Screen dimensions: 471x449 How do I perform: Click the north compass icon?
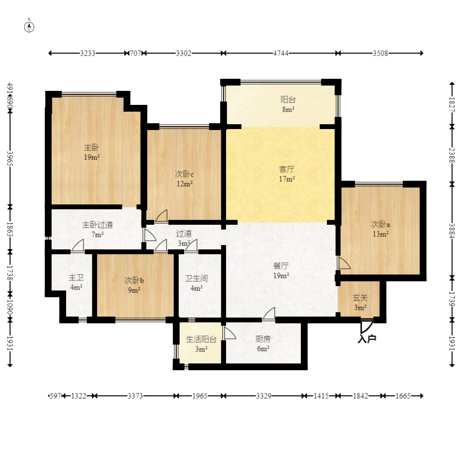click(x=29, y=27)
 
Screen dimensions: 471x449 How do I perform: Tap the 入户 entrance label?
click(x=367, y=339)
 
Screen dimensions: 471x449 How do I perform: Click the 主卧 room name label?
click(x=91, y=147)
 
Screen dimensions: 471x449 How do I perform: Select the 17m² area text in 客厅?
click(x=287, y=179)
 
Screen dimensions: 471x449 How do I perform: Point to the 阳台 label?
click(x=288, y=99)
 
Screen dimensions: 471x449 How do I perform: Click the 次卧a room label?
click(x=381, y=224)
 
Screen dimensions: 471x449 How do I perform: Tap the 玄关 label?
click(x=360, y=298)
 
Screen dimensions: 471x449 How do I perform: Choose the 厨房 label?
click(x=263, y=339)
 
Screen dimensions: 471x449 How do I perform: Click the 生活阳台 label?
click(x=201, y=339)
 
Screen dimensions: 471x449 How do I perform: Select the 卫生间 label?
click(x=197, y=278)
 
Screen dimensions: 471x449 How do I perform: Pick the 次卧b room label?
click(x=134, y=280)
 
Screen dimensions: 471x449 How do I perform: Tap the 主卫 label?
click(x=76, y=277)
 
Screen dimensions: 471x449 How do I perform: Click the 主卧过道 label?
click(x=98, y=224)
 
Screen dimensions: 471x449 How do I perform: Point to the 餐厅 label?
click(x=281, y=266)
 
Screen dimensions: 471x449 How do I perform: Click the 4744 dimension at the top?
click(x=281, y=53)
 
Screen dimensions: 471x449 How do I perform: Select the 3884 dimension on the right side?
click(x=452, y=230)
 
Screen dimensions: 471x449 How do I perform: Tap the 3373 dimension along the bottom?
click(x=135, y=396)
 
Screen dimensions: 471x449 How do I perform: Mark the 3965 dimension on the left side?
click(x=10, y=159)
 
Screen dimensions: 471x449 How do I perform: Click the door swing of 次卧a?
click(x=344, y=263)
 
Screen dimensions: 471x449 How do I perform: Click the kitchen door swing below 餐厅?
click(x=269, y=314)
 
